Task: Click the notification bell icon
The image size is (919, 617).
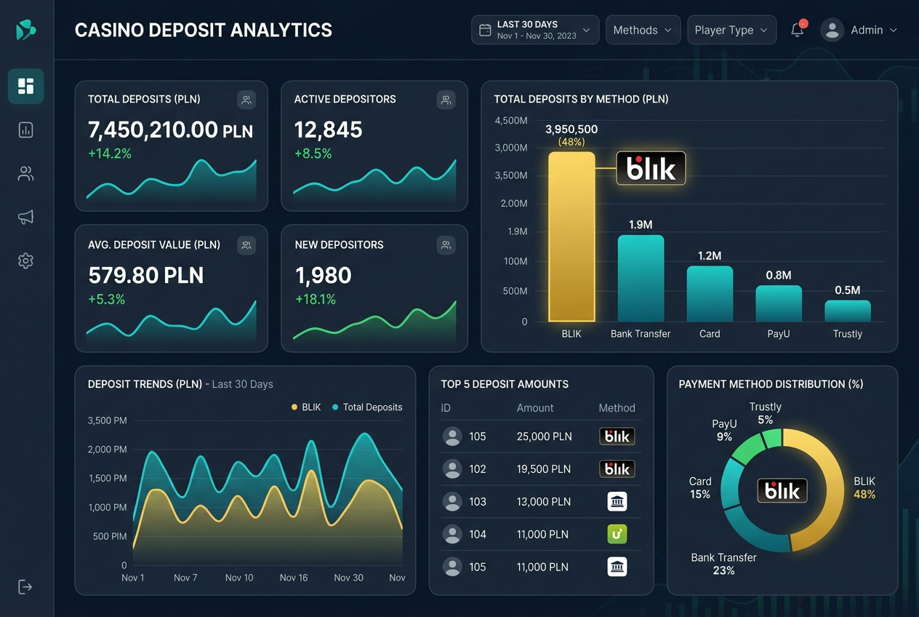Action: click(x=798, y=30)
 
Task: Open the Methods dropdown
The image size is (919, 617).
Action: click(x=643, y=30)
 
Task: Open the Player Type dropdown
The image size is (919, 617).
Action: click(x=731, y=30)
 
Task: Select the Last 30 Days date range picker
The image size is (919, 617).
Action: click(x=535, y=30)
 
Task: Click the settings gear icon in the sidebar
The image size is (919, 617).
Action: click(x=25, y=260)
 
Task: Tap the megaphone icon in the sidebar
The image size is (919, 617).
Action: click(x=25, y=217)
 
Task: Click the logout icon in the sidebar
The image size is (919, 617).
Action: click(x=25, y=586)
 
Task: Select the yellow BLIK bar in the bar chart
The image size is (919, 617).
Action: click(x=571, y=237)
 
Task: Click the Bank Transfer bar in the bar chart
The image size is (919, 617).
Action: click(x=641, y=279)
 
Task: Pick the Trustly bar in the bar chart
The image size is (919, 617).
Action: click(x=848, y=311)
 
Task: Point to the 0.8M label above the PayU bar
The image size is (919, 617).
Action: click(x=778, y=275)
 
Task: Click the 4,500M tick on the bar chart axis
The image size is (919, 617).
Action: click(x=511, y=121)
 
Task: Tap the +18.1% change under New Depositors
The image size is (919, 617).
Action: click(x=316, y=299)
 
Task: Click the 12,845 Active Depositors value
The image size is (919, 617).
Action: click(x=328, y=130)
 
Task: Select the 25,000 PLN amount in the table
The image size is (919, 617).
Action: click(x=544, y=437)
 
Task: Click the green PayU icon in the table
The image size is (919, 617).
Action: click(x=617, y=534)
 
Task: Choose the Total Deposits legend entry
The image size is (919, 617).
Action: click(x=367, y=407)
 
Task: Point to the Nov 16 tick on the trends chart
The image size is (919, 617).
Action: click(x=293, y=578)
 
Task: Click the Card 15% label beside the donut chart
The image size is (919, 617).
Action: click(x=700, y=487)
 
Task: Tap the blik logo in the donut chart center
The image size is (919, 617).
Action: click(x=782, y=490)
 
